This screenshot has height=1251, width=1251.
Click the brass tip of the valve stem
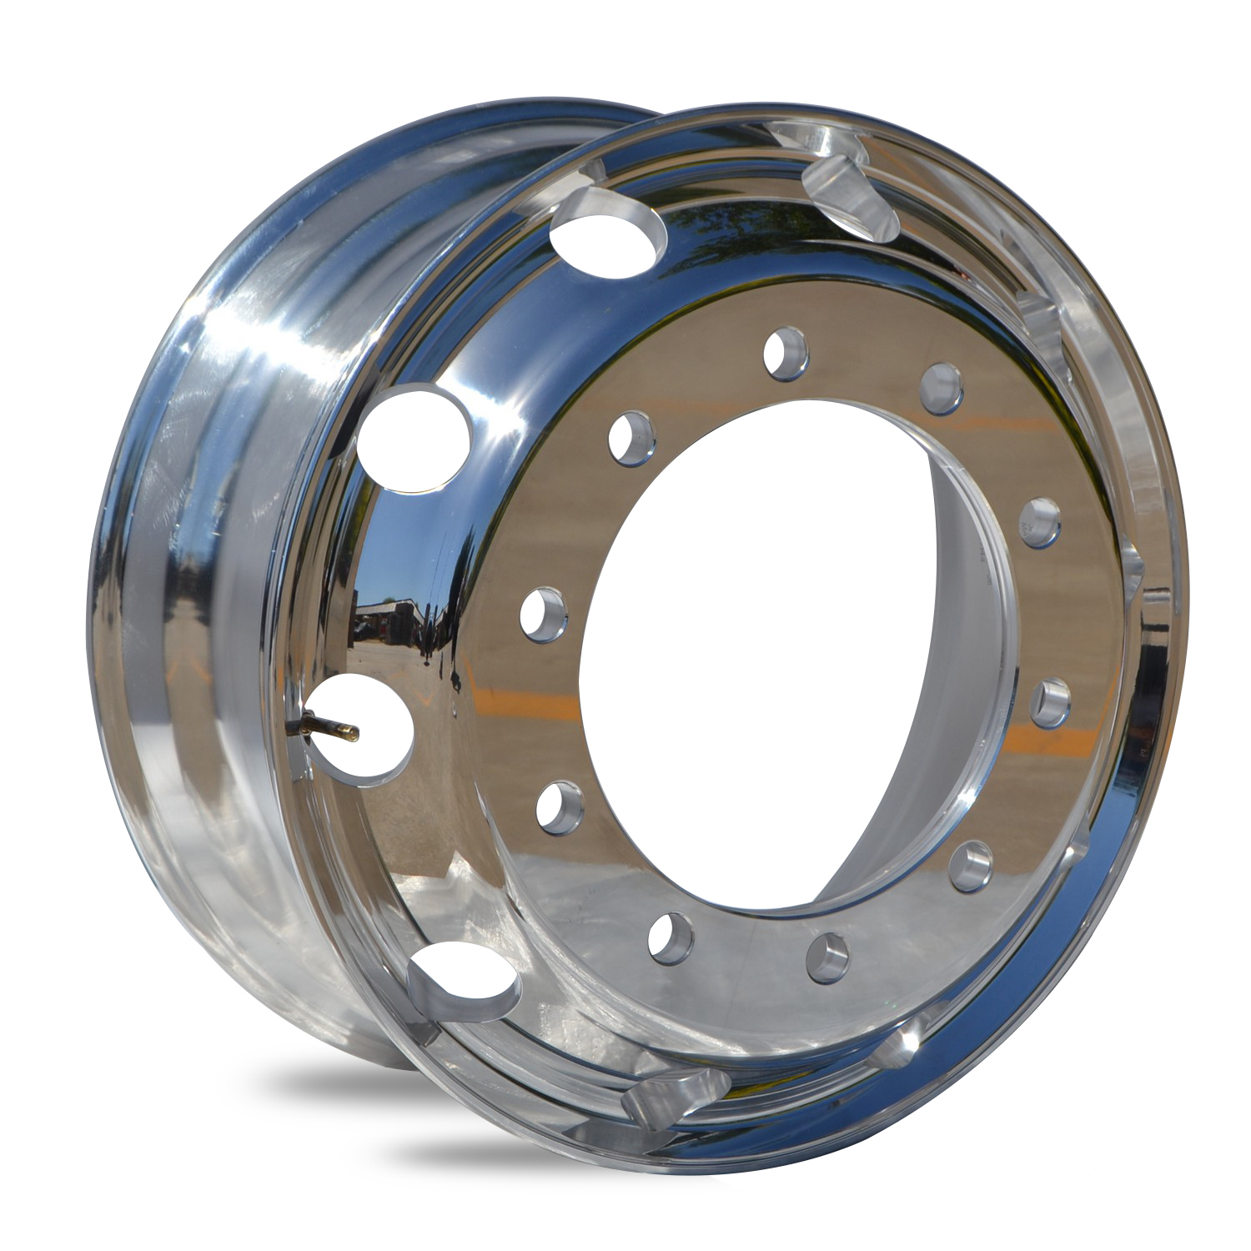pyautogui.click(x=353, y=734)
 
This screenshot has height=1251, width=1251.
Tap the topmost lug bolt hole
pyautogui.click(x=786, y=348)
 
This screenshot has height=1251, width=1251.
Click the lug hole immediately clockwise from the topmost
pyautogui.click(x=943, y=389)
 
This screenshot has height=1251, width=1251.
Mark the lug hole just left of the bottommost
pyautogui.click(x=671, y=936)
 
